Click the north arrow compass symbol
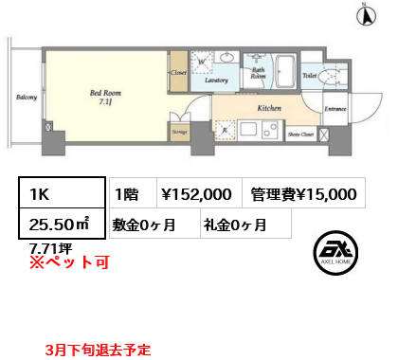[361, 13]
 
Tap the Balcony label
[27, 97]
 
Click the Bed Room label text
[104, 94]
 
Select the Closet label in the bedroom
[178, 72]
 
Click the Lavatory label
[217, 81]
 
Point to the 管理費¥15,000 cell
[303, 193]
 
